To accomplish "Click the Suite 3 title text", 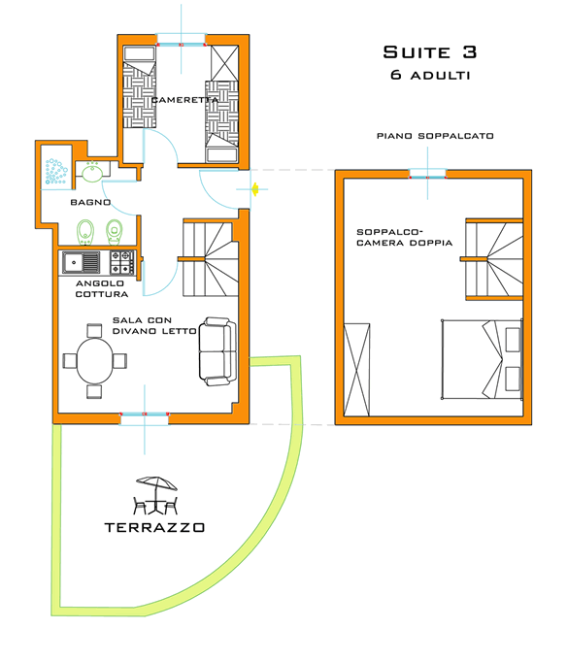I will tap(429, 52).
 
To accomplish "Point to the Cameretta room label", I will tap(183, 100).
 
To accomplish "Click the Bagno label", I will tap(89, 203).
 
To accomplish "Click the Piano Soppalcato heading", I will tap(436, 136).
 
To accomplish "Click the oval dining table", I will tap(94, 360).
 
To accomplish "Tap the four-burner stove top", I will tap(121, 262).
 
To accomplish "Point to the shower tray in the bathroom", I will tap(55, 173).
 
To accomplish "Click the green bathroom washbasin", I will tap(93, 174).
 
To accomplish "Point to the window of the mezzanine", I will tap(426, 175).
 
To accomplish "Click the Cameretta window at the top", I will tap(181, 41).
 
